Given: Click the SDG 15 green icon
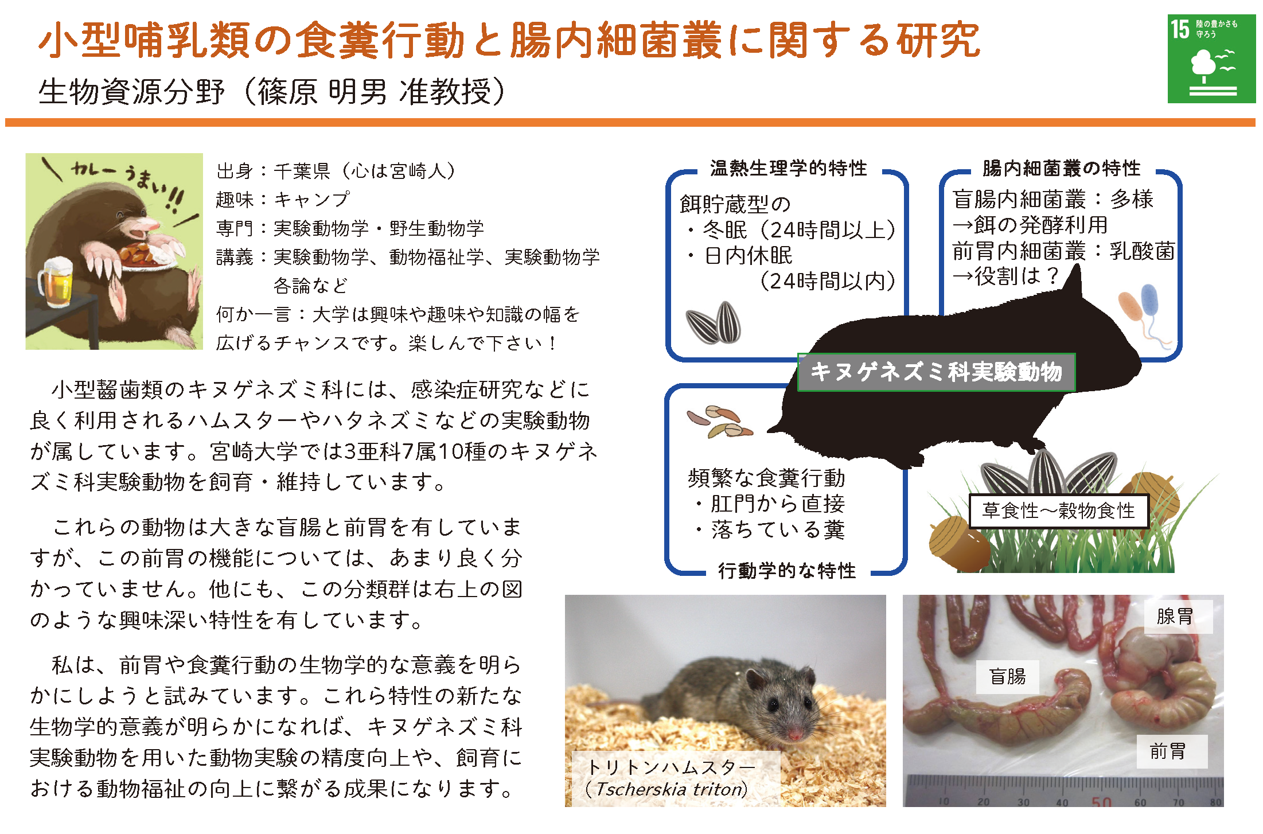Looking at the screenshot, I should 1211,59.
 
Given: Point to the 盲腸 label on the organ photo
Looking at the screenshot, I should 1007,677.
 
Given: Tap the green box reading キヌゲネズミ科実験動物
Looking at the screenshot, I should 936,372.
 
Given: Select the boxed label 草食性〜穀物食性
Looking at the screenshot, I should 1058,510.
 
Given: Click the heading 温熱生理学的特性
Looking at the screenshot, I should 789,168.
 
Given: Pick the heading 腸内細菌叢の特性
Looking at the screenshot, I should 1062,168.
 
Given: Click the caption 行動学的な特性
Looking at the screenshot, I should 787,571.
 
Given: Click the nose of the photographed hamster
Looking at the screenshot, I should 795,735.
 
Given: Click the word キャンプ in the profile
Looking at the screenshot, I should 311,200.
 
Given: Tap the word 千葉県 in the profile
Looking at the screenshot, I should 302,171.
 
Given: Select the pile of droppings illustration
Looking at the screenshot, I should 720,423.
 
